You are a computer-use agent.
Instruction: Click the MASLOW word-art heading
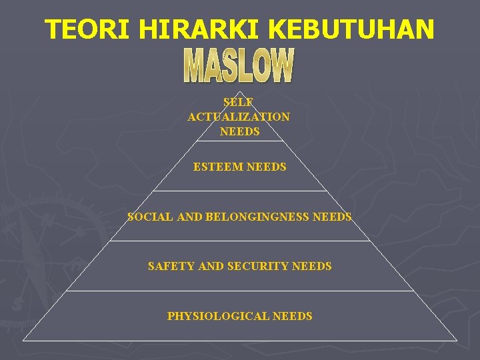click(239, 65)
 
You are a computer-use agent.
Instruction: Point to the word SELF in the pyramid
click(239, 102)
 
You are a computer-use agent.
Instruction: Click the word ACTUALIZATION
click(239, 117)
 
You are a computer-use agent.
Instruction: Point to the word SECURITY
click(258, 266)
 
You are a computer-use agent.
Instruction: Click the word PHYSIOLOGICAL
click(219, 316)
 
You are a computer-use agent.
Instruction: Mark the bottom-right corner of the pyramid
click(457, 341)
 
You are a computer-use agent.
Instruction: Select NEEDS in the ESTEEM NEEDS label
click(266, 167)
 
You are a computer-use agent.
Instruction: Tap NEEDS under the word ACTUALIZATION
click(239, 131)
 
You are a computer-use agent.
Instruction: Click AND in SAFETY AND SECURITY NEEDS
click(211, 266)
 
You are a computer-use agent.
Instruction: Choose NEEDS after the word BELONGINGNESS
click(331, 217)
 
